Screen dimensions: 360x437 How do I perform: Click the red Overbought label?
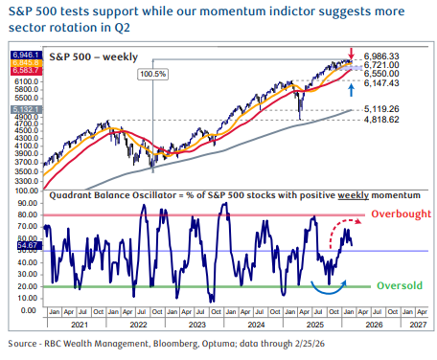(402, 217)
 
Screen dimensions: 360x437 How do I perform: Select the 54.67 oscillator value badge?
(27, 247)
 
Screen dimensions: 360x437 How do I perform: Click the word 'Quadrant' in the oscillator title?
(68, 194)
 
